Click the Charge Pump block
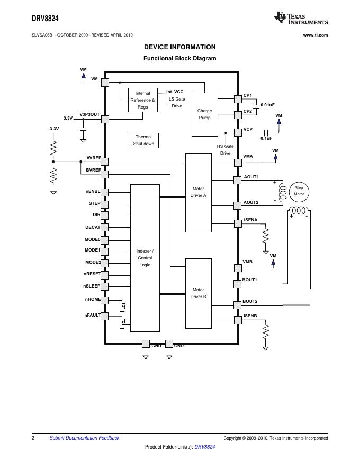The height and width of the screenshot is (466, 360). click(x=205, y=114)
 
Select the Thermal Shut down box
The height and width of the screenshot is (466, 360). click(x=144, y=140)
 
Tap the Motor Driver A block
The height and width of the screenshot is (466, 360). click(x=199, y=193)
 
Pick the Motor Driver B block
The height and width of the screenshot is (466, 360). click(x=199, y=293)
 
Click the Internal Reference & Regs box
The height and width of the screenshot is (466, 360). click(x=143, y=100)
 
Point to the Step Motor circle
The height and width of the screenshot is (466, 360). click(x=299, y=191)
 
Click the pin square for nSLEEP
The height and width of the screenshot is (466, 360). click(x=104, y=286)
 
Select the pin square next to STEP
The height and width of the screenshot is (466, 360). click(x=104, y=204)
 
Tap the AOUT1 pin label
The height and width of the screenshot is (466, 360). click(x=251, y=177)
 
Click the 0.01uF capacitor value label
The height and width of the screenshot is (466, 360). click(x=268, y=105)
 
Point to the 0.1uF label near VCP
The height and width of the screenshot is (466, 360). click(x=266, y=138)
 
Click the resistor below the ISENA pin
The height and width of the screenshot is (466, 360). click(x=266, y=236)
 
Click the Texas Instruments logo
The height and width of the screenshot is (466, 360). click(x=301, y=19)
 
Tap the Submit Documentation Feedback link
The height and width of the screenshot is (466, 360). click(x=84, y=438)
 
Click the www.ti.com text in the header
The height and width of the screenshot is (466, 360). click(x=316, y=35)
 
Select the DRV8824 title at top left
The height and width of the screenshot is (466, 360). click(x=45, y=19)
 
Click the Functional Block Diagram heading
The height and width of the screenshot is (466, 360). click(x=179, y=58)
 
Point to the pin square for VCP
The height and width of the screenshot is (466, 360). click(x=238, y=132)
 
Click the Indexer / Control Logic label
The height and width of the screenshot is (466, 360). click(x=145, y=258)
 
